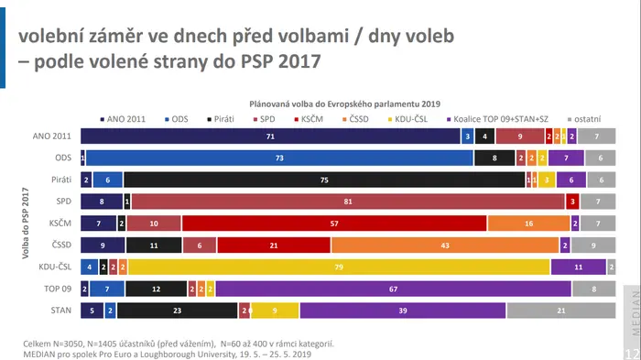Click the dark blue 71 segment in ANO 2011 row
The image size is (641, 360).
(270, 136)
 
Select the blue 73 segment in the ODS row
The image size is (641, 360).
(279, 158)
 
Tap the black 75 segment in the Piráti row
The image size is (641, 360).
(324, 180)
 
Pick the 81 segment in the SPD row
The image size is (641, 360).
(348, 202)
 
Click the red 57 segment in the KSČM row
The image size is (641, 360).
(334, 224)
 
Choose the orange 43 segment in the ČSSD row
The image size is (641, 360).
(445, 245)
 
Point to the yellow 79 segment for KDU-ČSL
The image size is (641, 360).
(339, 267)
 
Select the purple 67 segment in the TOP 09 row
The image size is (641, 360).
(393, 289)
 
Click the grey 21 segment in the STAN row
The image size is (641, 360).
(561, 311)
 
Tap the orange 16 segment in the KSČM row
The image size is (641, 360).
(528, 224)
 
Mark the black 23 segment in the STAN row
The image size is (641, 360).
(177, 311)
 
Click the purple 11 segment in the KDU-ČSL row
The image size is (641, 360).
(579, 267)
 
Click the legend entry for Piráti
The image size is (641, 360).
(221, 119)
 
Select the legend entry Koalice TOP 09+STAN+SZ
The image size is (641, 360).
(497, 119)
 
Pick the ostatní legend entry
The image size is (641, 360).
(584, 119)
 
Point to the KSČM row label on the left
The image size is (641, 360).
(60, 223)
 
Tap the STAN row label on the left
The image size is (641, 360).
(61, 311)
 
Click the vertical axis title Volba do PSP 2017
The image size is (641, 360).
(26, 223)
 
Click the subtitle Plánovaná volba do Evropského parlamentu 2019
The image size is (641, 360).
(344, 104)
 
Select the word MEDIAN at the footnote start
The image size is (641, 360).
(38, 355)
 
